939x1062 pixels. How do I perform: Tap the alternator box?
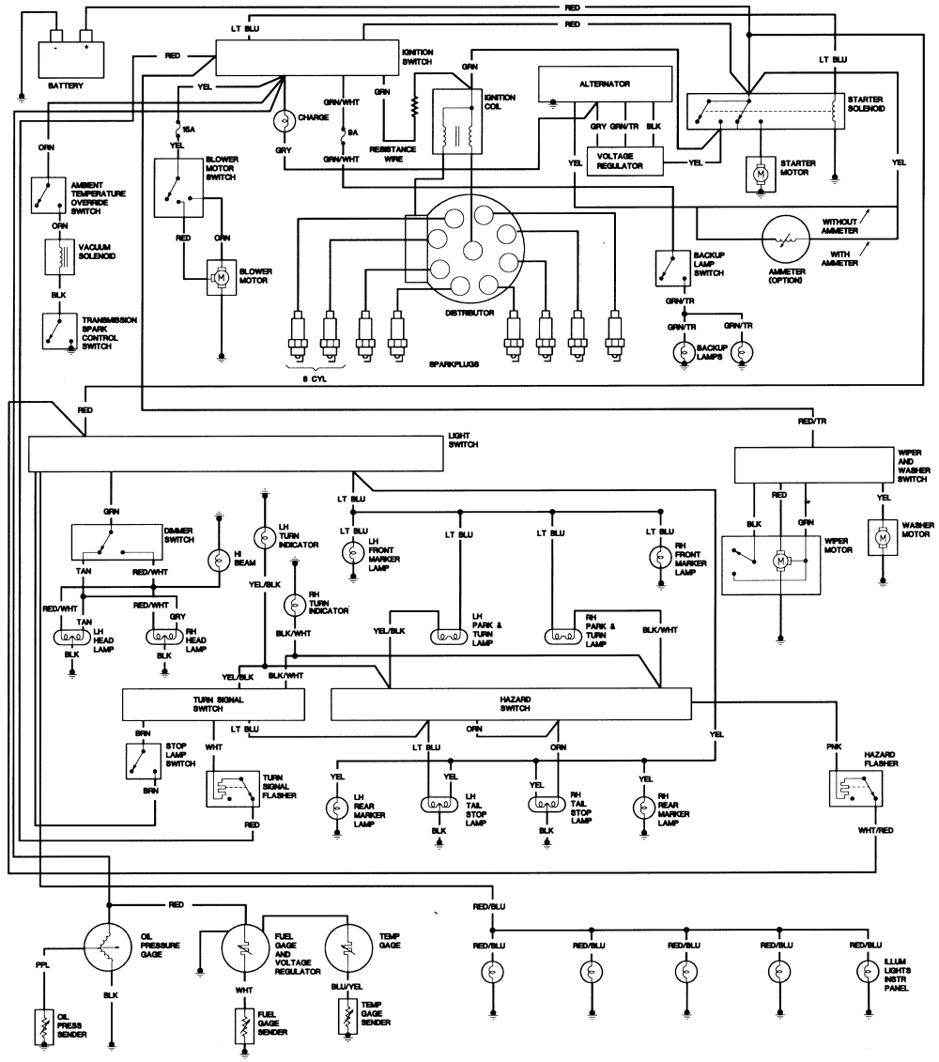[x=604, y=84]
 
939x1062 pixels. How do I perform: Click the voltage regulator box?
[x=624, y=161]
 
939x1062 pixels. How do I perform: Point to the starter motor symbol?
[x=758, y=173]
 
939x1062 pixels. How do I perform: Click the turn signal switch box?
[x=214, y=704]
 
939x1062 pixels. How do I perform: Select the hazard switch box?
[x=511, y=704]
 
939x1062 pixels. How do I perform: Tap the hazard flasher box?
[x=854, y=790]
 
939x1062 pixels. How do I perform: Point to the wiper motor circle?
[x=778, y=561]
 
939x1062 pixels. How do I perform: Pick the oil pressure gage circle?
[x=112, y=946]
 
